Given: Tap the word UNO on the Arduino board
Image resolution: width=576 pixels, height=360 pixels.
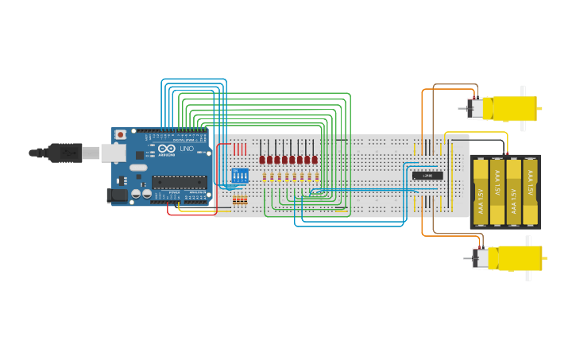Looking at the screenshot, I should (x=187, y=149).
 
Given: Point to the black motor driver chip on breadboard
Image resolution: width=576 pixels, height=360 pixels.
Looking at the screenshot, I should (x=427, y=175).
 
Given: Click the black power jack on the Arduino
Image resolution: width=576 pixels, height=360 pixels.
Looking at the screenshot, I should (x=117, y=194).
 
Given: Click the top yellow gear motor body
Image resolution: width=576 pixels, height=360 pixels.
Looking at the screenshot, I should (x=508, y=107).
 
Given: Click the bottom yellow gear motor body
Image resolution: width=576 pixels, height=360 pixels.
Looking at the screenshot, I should (x=515, y=257).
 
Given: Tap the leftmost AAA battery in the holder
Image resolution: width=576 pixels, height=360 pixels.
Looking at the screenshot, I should (x=480, y=192).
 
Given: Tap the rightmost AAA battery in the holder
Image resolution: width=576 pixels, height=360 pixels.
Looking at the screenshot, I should (x=530, y=192).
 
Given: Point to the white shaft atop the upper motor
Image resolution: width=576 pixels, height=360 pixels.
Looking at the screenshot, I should (x=523, y=90).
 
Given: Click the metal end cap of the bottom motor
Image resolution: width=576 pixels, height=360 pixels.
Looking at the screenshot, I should (x=480, y=258).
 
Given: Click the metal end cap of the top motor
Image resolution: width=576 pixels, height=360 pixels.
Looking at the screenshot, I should (x=474, y=108).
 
